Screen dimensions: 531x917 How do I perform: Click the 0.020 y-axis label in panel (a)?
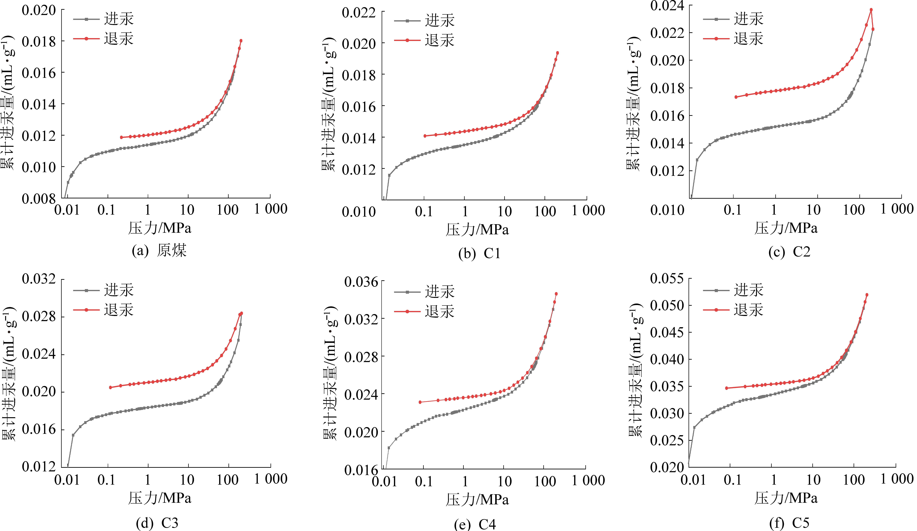click(x=39, y=10)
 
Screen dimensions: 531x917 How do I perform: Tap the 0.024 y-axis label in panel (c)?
click(x=667, y=6)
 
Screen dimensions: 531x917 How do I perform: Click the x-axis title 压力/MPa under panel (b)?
click(x=477, y=229)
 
